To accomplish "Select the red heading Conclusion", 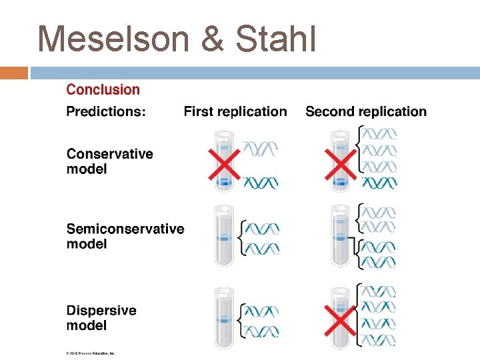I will click(x=103, y=89).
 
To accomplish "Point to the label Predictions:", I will click(x=106, y=111).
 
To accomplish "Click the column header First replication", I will click(x=235, y=111).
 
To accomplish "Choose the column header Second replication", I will click(x=366, y=111).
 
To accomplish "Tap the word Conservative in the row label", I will click(x=109, y=154).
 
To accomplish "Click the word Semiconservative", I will click(x=125, y=229).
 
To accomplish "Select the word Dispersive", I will click(x=101, y=311).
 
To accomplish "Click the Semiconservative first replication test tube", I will click(x=225, y=237).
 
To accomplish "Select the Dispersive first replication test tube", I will click(x=225, y=319).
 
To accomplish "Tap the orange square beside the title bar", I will click(x=14, y=73).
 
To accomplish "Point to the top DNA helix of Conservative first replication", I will click(x=261, y=147).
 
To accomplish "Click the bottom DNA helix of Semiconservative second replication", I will click(x=378, y=261).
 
